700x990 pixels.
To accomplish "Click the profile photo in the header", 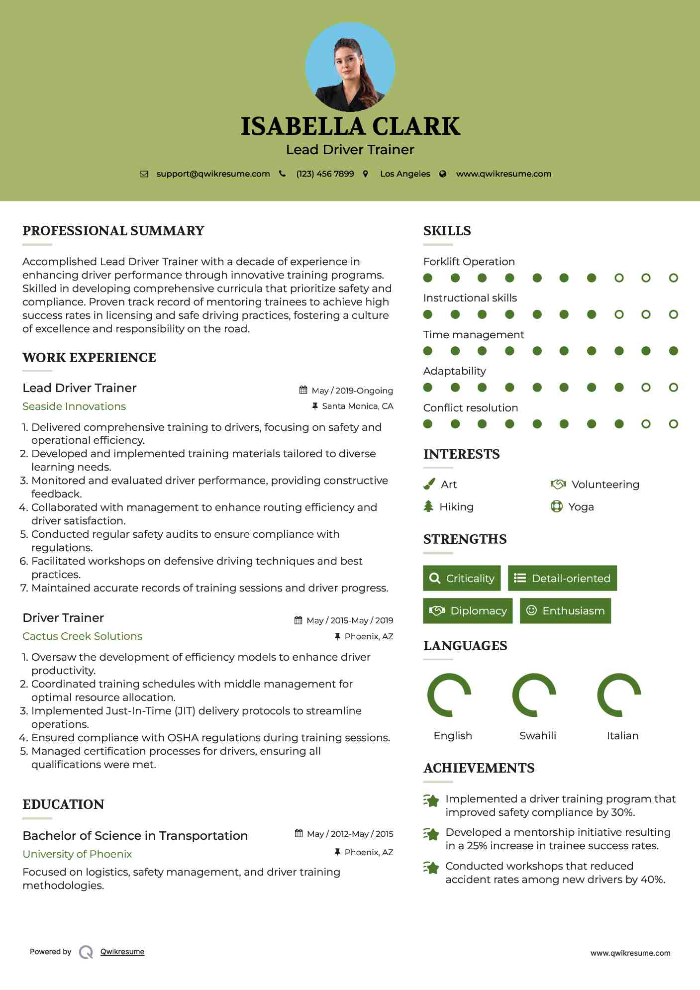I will click(350, 67).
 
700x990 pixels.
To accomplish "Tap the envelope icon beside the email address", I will click(144, 174).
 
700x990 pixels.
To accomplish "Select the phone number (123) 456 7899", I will click(325, 174).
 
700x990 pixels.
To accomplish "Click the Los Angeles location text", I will click(405, 174).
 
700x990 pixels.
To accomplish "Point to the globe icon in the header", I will click(443, 174).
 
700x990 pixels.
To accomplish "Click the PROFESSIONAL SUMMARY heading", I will click(113, 231).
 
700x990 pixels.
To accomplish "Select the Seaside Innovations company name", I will click(74, 406).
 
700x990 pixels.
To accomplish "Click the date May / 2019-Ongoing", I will click(352, 391).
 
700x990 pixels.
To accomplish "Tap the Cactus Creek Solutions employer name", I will click(83, 636).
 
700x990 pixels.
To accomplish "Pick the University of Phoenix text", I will click(77, 854).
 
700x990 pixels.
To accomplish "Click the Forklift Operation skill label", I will click(469, 262).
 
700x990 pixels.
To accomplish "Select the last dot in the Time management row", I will click(673, 351).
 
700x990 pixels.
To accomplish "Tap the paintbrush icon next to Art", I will click(429, 484).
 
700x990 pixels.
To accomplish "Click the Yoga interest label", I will click(581, 507).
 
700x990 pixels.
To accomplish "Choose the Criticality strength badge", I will click(462, 578).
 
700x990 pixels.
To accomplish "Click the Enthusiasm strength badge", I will click(565, 611).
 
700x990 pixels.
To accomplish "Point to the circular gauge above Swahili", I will click(534, 695).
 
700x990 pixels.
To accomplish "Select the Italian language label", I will click(622, 736).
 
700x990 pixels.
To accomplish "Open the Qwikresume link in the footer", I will click(122, 952).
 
